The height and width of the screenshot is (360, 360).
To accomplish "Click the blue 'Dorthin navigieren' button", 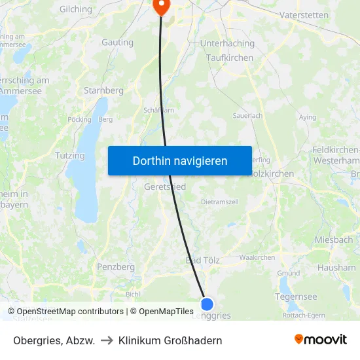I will coord(180,160).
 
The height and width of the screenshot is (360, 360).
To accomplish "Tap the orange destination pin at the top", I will coord(160,6).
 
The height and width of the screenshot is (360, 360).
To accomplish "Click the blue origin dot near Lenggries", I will coord(207,304).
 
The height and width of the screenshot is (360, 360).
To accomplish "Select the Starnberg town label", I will coord(103,90).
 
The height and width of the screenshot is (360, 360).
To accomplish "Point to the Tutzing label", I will coord(70,156).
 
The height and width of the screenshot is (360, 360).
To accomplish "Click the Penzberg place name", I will coord(115,267).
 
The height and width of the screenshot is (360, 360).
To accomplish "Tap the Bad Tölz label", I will coord(203,261).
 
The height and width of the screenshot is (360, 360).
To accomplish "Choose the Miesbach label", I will coord(333,240).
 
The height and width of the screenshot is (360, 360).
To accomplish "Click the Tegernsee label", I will coord(297,297).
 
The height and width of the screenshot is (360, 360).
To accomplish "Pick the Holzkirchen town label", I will coord(272,173).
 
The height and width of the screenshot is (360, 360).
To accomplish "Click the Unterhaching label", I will coord(226,43).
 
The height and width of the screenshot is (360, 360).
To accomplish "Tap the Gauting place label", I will coord(117,43).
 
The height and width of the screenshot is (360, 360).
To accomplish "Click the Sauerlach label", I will coord(247,115).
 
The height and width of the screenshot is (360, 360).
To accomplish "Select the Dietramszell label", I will coord(219,202).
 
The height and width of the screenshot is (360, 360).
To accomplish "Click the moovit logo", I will coord(321,339).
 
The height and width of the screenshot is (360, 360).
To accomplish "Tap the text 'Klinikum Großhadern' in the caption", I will coord(170,340).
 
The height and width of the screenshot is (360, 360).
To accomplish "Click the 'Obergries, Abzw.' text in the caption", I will coord(54,340).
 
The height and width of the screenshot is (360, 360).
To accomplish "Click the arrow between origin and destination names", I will coord(107,340).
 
